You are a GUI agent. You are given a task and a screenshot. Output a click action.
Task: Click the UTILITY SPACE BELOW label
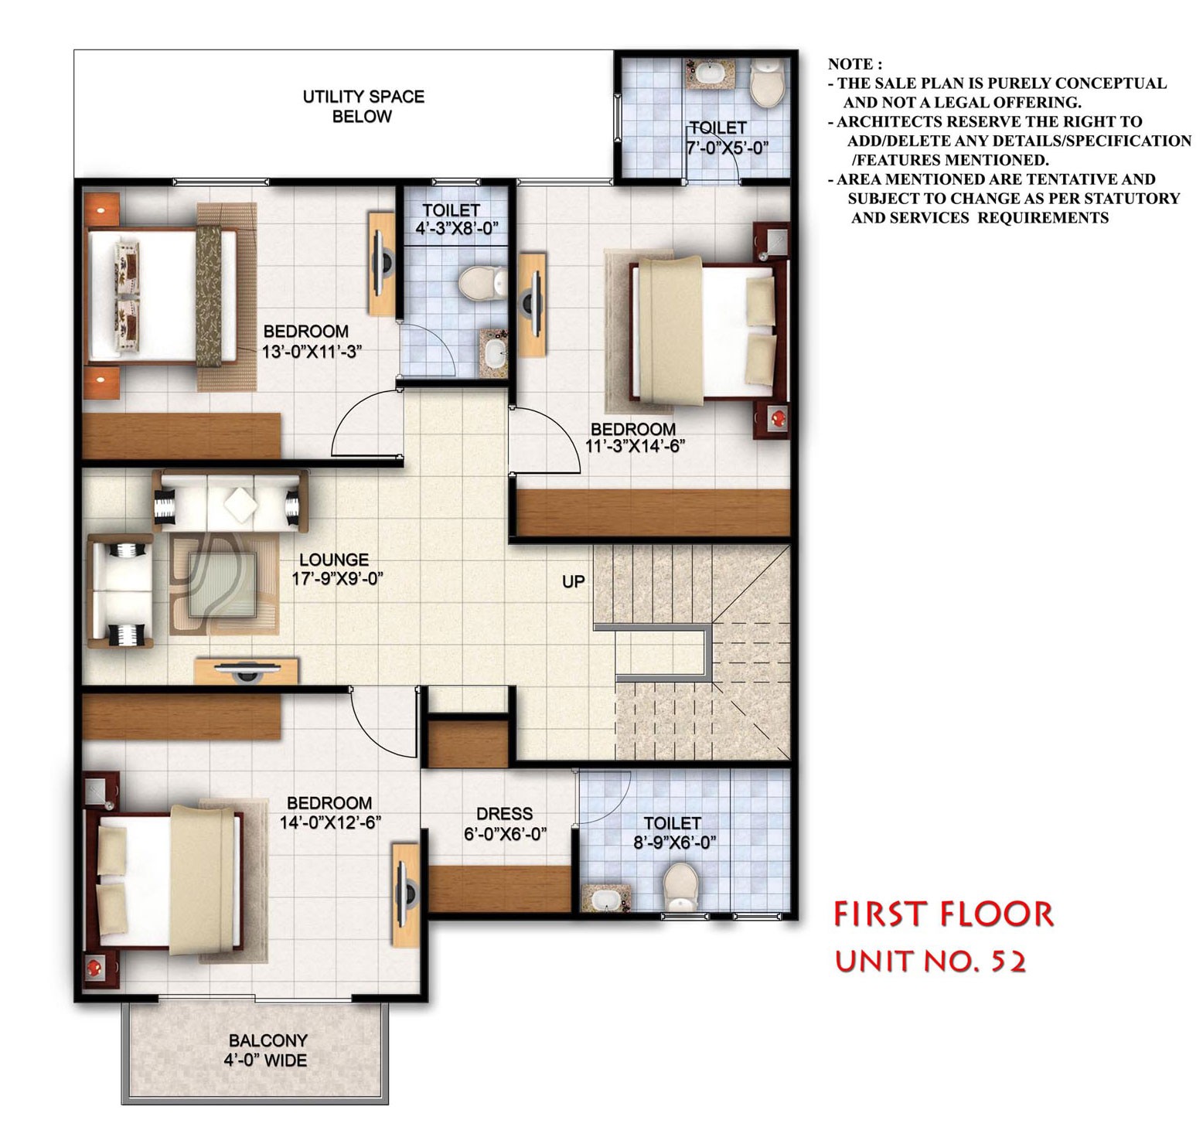pyautogui.click(x=363, y=107)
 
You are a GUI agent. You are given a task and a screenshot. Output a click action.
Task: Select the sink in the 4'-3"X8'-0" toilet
pyautogui.click(x=492, y=353)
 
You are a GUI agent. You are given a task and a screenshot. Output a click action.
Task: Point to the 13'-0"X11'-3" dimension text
pyautogui.click(x=312, y=352)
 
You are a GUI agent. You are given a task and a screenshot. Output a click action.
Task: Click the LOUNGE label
pyautogui.click(x=334, y=560)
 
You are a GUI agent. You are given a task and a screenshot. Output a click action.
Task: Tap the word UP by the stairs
pyautogui.click(x=574, y=581)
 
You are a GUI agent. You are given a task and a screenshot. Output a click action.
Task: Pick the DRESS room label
pyautogui.click(x=504, y=813)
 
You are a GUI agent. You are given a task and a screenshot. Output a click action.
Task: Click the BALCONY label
pyautogui.click(x=268, y=1040)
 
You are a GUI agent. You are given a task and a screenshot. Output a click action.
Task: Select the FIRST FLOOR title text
pyautogui.click(x=943, y=914)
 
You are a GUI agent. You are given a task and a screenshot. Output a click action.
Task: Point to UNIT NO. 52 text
pyautogui.click(x=931, y=962)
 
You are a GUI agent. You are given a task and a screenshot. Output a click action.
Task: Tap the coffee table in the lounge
pyautogui.click(x=223, y=584)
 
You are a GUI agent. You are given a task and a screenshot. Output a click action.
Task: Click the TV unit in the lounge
pyautogui.click(x=247, y=670)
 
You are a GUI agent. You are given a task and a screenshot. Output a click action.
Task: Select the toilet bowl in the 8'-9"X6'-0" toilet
pyautogui.click(x=680, y=887)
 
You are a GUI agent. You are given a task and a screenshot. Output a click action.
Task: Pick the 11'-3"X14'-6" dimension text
pyautogui.click(x=636, y=446)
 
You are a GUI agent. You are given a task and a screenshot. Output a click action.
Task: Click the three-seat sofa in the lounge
pyautogui.click(x=230, y=501)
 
